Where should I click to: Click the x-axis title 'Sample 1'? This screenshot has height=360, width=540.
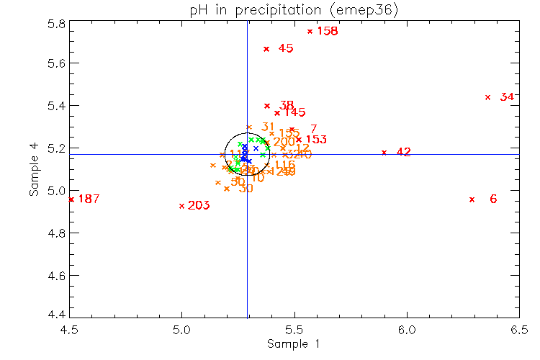[294, 343]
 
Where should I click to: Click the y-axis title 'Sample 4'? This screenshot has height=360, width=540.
[34, 171]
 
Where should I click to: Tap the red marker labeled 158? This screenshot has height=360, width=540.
[310, 32]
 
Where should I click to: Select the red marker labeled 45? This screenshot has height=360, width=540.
[266, 49]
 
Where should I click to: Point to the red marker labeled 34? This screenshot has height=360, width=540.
[487, 97]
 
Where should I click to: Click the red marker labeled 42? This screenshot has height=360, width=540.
[384, 152]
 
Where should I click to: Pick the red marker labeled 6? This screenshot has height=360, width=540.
[472, 199]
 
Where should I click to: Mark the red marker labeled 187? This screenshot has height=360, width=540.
[71, 199]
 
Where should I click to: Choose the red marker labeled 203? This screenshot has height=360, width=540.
[181, 206]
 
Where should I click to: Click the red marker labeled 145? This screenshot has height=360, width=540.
[276, 113]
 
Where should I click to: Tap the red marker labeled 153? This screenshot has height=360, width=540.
[299, 140]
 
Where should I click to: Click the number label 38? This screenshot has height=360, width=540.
[287, 105]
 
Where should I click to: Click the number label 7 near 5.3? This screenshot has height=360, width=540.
[313, 129]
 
